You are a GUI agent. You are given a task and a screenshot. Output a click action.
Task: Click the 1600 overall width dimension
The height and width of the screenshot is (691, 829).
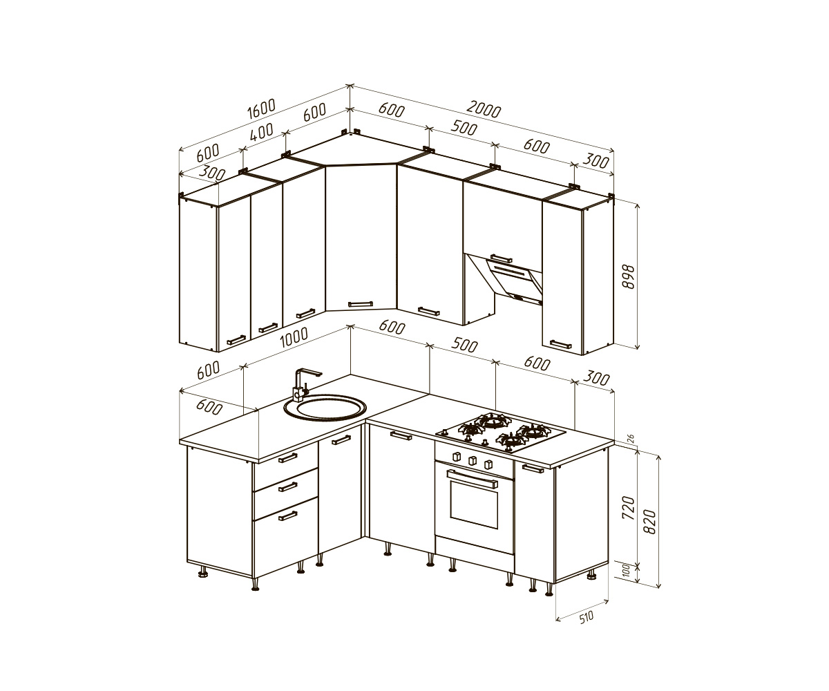(x=261, y=108)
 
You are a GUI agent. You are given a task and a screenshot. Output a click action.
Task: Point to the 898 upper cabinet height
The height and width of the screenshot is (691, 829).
(x=629, y=276)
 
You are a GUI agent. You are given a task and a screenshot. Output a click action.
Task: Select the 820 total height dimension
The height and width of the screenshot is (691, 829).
(x=651, y=522)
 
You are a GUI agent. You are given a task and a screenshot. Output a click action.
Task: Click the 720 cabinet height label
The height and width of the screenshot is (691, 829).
(x=629, y=507)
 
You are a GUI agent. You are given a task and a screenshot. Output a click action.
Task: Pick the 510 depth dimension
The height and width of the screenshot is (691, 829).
(x=586, y=617)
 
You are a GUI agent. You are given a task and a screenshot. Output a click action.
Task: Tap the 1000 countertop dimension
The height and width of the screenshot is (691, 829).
(x=294, y=337)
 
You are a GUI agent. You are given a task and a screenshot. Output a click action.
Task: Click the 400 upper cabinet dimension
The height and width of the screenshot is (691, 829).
(x=262, y=132)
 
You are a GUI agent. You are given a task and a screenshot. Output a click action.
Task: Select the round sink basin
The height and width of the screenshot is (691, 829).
(x=325, y=407)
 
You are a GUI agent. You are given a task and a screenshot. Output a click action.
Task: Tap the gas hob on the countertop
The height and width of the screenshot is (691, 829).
(x=501, y=432)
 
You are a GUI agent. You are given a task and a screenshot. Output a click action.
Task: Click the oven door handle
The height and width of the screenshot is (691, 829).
(x=472, y=479)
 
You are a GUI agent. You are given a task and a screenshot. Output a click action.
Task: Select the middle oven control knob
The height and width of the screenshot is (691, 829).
(x=472, y=461)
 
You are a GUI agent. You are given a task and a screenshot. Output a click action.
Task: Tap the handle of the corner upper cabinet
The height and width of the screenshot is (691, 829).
(x=361, y=304)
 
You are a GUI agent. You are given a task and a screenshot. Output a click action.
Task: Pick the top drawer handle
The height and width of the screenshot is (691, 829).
(x=287, y=458)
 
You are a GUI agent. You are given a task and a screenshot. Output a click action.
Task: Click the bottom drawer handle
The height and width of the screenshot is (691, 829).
(x=287, y=516)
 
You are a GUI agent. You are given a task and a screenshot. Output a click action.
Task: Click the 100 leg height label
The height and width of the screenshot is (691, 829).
(x=627, y=571)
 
